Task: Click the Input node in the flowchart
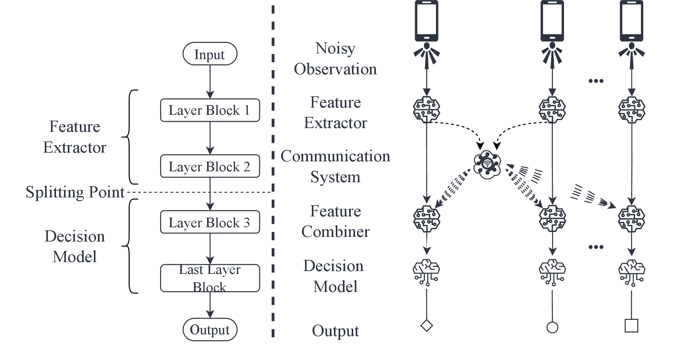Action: click(x=210, y=54)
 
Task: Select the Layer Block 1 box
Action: click(x=210, y=110)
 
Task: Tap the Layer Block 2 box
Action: click(x=210, y=166)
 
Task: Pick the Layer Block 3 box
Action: click(x=210, y=222)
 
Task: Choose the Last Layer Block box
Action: click(x=210, y=278)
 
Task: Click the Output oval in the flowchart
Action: click(x=210, y=330)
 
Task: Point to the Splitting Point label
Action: click(x=75, y=192)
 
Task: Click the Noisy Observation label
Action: click(x=335, y=59)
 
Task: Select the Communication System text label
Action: click(x=335, y=166)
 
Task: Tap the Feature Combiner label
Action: click(x=335, y=221)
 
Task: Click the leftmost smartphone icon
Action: click(x=427, y=21)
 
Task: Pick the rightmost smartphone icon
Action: click(x=631, y=21)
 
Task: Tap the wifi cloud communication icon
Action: click(x=487, y=164)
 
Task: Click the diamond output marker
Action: click(x=427, y=326)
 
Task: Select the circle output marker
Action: click(x=552, y=327)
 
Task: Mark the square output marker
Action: click(x=631, y=326)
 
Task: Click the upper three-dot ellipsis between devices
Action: click(x=596, y=81)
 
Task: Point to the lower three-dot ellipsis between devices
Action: click(x=596, y=247)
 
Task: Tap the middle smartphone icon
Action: click(x=552, y=21)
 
